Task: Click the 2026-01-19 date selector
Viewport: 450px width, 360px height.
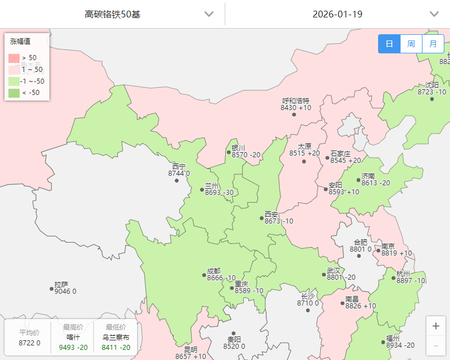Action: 337,14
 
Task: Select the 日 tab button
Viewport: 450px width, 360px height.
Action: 389,44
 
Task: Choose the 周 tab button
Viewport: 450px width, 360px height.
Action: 411,44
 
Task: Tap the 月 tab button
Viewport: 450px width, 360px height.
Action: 433,44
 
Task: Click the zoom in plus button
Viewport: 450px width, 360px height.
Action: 436,326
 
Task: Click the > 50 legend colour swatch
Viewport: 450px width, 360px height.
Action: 14,58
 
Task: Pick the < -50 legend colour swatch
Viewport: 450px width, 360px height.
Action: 14,93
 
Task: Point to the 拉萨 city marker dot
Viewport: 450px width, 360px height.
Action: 52,289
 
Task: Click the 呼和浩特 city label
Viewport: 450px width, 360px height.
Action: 296,101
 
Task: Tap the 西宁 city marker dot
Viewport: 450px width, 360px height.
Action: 177,180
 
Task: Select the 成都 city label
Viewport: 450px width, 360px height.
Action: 213,271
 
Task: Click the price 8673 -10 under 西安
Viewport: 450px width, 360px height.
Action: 279,221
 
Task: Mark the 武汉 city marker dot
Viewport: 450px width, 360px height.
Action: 324,275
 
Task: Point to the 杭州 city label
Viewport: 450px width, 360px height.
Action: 403,274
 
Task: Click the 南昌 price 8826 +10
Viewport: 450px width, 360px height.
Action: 361,306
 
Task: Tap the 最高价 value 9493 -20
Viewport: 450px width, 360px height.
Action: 73,347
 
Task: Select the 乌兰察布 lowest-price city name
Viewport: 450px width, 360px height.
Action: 116,338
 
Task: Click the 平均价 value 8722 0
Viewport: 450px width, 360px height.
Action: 30,343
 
